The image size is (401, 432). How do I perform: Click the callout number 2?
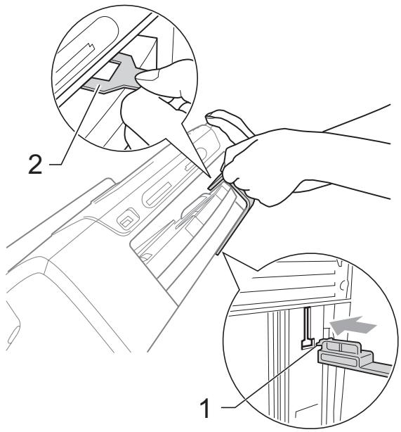35,165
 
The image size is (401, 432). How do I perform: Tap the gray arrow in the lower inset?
353,325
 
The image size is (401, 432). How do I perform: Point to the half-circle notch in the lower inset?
343,285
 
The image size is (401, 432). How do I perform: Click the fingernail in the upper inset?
148,75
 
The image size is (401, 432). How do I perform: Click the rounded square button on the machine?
127,220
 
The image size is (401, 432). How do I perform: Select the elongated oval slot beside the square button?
157,195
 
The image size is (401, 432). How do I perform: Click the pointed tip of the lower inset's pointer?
224,254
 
